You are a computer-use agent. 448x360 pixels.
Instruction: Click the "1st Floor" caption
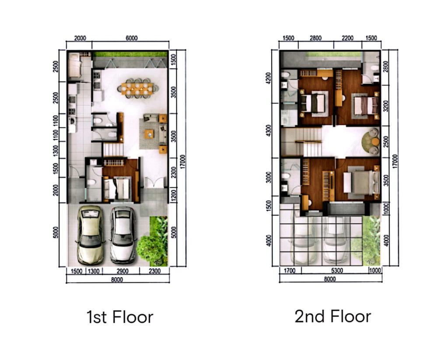[x=120, y=317]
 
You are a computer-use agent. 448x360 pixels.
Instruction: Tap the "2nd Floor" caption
[x=332, y=317]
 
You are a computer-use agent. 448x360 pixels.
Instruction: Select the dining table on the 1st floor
[x=137, y=88]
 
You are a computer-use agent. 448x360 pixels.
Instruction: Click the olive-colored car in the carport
[x=91, y=235]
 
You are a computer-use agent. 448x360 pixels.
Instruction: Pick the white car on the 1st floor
[x=123, y=235]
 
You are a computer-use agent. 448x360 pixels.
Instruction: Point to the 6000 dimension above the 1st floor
[x=131, y=38]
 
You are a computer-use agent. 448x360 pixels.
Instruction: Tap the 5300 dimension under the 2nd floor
[x=336, y=271]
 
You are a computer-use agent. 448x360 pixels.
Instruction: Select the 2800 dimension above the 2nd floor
[x=315, y=38]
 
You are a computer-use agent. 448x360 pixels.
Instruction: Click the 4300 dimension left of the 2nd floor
[x=268, y=131]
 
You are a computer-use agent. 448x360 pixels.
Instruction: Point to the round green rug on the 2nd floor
[x=371, y=141]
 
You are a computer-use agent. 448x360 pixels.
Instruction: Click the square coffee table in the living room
[x=149, y=134]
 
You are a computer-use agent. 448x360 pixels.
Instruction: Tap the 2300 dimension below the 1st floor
[x=154, y=271]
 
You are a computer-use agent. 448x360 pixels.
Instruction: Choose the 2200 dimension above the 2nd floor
[x=347, y=38]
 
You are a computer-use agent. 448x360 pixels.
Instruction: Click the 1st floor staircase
[x=113, y=149]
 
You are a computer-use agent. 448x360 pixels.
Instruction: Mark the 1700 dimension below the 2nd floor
[x=290, y=271]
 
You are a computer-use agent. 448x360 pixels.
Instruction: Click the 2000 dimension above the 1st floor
[x=80, y=38]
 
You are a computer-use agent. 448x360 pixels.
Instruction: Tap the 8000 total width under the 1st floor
[x=117, y=280]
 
